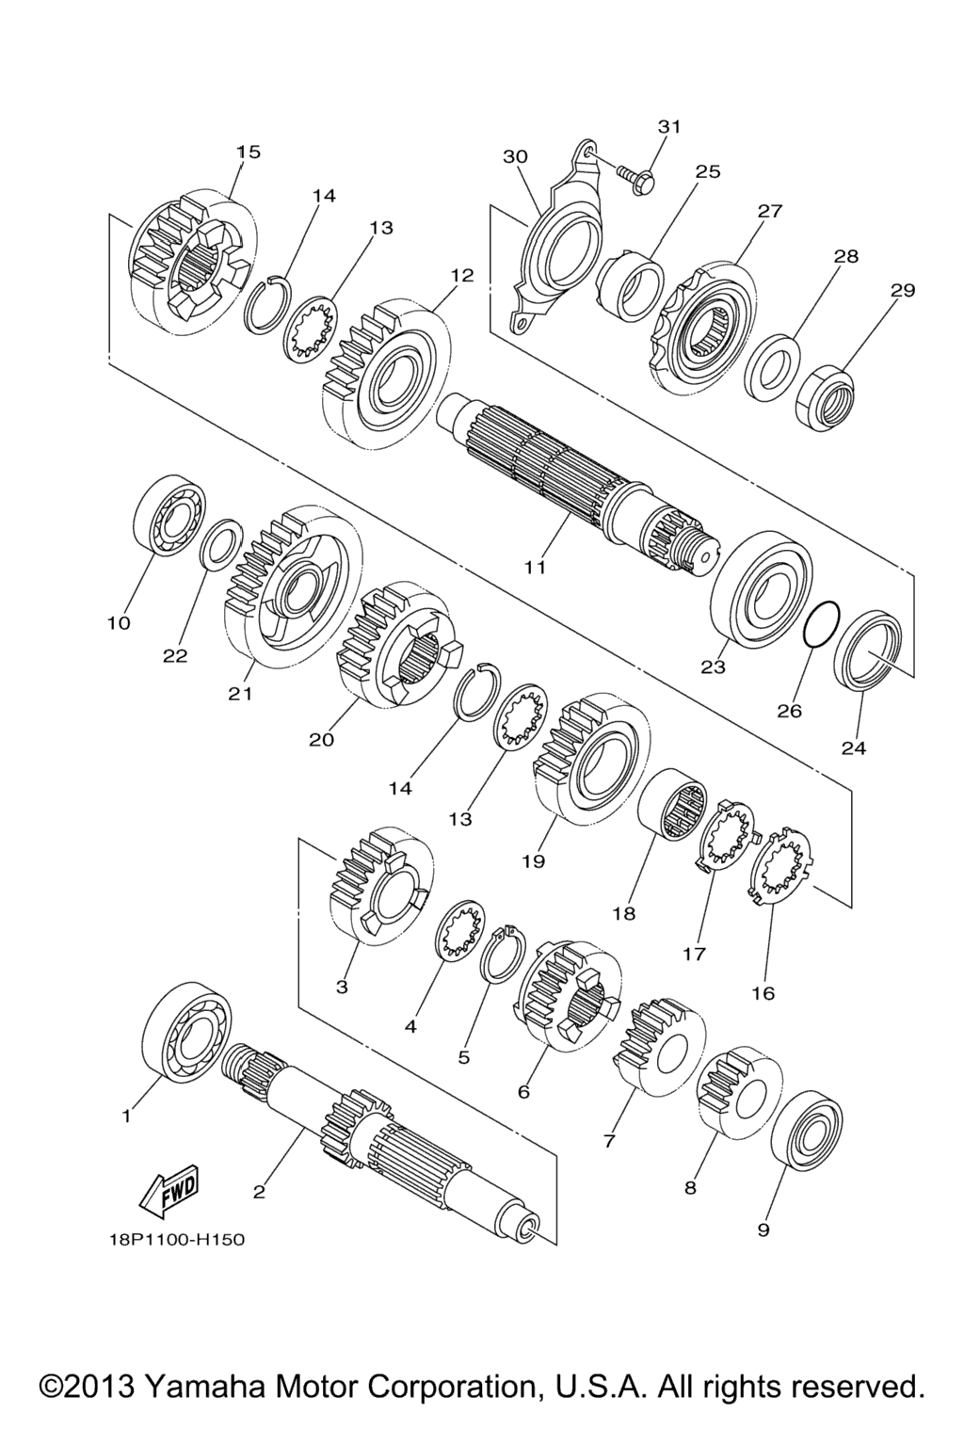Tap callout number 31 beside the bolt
pos(669,126)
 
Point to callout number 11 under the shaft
pos(536,568)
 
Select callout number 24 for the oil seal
pos(854,747)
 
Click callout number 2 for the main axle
pos(259,1192)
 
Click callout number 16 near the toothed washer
pos(763,993)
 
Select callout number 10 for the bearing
pos(120,623)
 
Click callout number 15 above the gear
pos(249,152)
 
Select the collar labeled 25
pos(629,285)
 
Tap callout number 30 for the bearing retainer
pos(516,157)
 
